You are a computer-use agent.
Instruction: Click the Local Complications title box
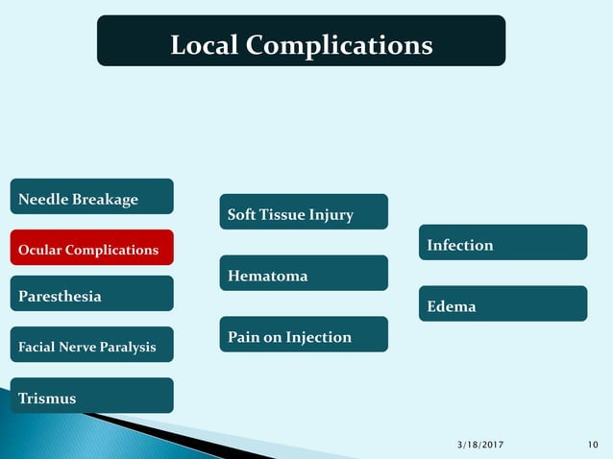tap(301, 41)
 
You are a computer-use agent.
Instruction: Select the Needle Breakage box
tap(91, 197)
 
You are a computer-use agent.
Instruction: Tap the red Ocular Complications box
tap(91, 248)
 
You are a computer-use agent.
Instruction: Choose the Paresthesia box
tap(91, 294)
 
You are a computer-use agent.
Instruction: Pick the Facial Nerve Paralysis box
tap(91, 345)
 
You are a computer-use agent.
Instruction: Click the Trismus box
tap(91, 396)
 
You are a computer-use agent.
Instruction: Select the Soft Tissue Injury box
tap(304, 212)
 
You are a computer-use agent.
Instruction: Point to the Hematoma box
tap(304, 274)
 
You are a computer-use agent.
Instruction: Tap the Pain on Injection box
tap(304, 335)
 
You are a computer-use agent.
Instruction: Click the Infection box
tap(503, 243)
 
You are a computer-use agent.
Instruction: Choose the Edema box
tap(503, 304)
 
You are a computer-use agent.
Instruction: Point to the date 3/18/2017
tap(479, 444)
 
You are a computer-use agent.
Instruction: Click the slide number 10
tap(593, 444)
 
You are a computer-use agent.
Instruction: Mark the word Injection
tap(315, 337)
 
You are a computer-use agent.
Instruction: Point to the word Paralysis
tap(129, 347)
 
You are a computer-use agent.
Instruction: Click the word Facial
tap(37, 347)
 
